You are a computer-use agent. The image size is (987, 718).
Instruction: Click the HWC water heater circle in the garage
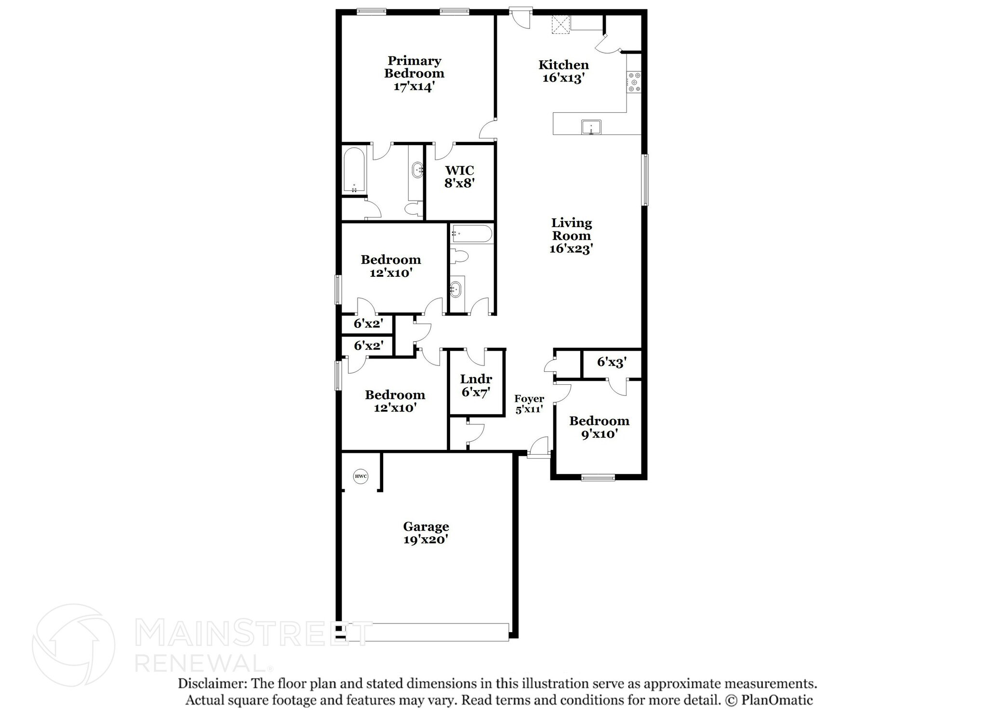[x=360, y=476]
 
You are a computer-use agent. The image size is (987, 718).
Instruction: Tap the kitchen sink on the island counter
[x=591, y=127]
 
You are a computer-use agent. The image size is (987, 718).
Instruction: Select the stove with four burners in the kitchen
[x=633, y=82]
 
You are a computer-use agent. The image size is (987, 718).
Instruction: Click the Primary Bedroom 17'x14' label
[x=414, y=74]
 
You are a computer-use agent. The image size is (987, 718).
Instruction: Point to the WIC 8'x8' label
[x=459, y=176]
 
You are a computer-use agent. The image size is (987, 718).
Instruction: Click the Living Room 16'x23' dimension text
[x=571, y=249]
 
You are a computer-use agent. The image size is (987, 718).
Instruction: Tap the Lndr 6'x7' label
[x=476, y=385]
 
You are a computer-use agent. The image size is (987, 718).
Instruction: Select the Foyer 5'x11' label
[x=529, y=404]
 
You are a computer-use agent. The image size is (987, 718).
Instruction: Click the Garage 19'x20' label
[x=426, y=533]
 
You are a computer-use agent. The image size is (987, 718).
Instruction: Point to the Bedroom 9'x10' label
[x=599, y=427]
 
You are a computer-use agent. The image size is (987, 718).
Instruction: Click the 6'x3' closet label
[x=612, y=362]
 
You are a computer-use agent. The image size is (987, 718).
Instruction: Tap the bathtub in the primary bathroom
[x=354, y=171]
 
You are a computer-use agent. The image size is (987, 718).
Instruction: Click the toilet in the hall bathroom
[x=458, y=256]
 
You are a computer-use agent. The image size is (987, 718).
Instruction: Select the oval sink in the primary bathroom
[x=417, y=170]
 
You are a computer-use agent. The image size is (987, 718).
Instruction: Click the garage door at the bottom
[x=427, y=632]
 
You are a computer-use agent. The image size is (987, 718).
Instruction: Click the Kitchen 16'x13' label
[x=563, y=71]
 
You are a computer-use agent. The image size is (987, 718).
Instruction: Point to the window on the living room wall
[x=644, y=179]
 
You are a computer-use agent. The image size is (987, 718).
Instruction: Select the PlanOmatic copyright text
[x=769, y=700]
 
